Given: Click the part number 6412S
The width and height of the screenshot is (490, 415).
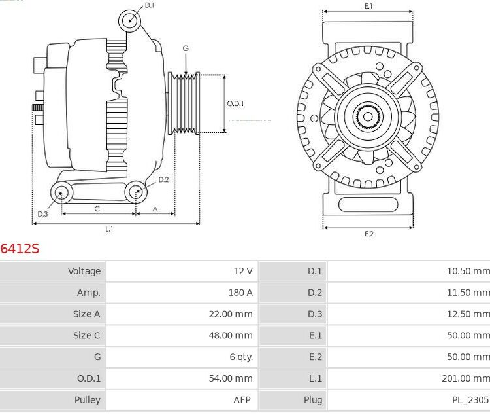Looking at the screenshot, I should tap(20, 249).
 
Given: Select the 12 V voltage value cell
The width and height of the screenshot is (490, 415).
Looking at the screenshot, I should tap(242, 271).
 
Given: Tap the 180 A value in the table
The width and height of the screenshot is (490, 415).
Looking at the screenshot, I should tap(240, 293).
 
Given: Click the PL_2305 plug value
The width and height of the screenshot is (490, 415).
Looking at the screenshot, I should tap(470, 400).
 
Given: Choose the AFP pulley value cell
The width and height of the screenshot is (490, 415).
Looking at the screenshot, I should tap(242, 400).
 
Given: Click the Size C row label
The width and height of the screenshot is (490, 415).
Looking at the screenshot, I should tap(86, 335).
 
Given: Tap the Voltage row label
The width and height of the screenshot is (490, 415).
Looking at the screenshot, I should tap(84, 271).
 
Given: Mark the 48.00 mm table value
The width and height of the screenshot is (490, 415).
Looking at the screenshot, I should tap(231, 335).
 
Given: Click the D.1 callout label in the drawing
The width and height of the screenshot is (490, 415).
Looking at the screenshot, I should tap(150, 5).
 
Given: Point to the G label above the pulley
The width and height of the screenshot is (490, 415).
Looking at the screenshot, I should tap(186, 48).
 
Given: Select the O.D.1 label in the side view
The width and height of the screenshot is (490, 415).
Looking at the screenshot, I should tap(235, 103).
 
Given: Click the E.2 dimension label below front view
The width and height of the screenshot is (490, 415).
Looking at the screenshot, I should tap(368, 234).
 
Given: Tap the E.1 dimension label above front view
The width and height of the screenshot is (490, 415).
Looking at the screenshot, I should tap(368, 6).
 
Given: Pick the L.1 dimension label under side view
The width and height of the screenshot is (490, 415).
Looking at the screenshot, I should tap(110, 229).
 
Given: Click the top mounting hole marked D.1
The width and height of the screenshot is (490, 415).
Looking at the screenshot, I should tap(130, 21).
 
